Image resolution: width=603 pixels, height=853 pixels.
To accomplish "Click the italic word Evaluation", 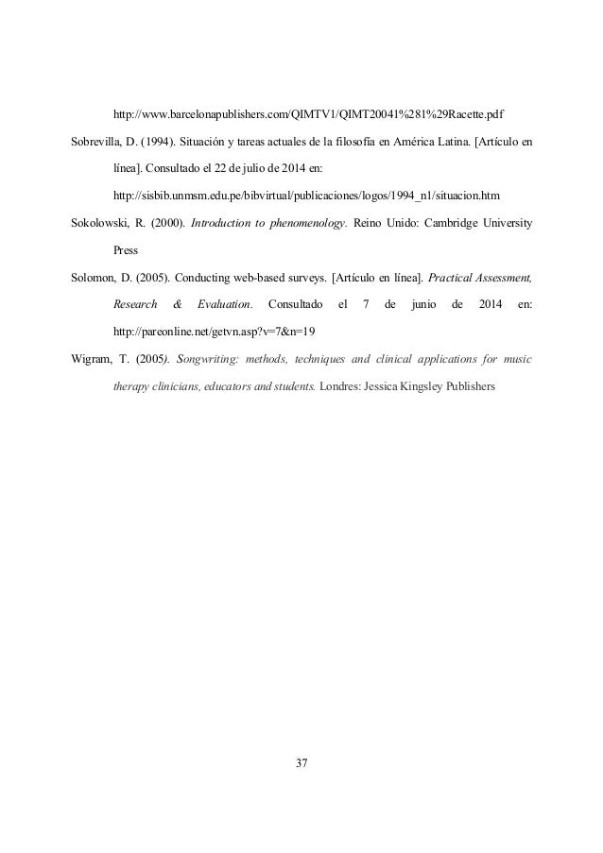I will point(225,305).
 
